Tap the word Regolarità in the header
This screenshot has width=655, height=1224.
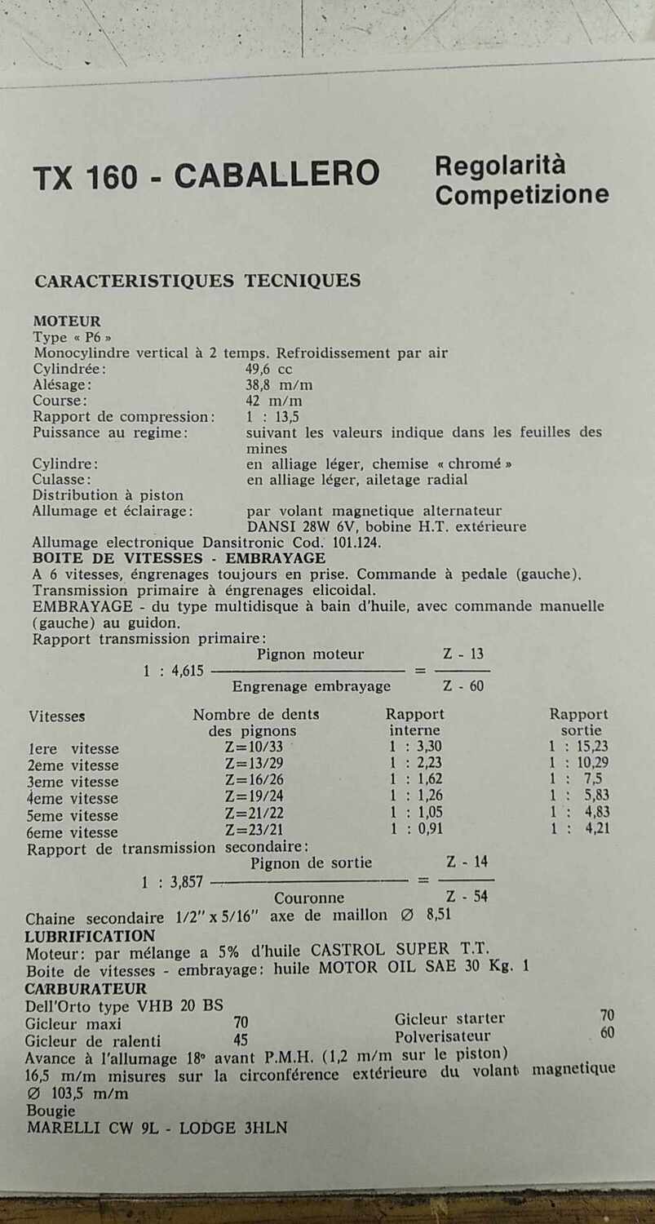(499, 166)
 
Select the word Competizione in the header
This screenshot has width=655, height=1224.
(522, 195)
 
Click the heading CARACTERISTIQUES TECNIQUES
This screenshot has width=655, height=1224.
(197, 282)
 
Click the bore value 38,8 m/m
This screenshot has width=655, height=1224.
(279, 385)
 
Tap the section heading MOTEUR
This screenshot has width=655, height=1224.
(67, 322)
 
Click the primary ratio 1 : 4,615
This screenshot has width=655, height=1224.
(173, 672)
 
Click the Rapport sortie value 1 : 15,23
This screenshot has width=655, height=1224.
(578, 746)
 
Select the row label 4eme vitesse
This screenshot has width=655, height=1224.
(73, 798)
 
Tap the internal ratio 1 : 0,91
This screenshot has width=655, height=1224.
(416, 829)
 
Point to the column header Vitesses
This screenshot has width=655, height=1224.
(57, 716)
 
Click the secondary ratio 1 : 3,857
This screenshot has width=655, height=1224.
(172, 881)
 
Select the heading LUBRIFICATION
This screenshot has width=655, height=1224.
(90, 936)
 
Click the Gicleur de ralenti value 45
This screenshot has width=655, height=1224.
(241, 1040)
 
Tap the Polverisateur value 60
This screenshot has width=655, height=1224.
(606, 1033)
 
